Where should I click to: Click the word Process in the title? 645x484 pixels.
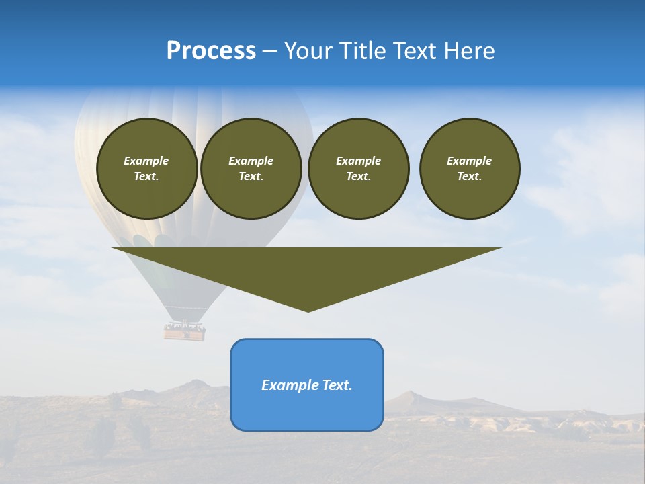[x=211, y=51]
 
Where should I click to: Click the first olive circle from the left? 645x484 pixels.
[x=146, y=169]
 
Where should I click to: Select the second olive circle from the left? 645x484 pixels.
[x=251, y=169]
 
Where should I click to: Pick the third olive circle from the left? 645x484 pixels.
[x=358, y=169]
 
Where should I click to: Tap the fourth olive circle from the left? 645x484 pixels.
[x=470, y=169]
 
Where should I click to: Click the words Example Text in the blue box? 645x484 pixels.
[x=307, y=385]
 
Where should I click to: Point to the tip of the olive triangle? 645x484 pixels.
[x=308, y=310]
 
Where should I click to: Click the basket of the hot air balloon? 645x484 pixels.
[x=185, y=331]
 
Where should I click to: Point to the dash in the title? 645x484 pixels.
[x=269, y=52]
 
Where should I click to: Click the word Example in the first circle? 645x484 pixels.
[x=146, y=161]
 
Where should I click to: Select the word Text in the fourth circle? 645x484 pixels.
[x=469, y=177]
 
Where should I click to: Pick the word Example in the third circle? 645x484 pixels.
[x=358, y=161]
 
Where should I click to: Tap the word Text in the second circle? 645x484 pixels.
[x=250, y=177]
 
